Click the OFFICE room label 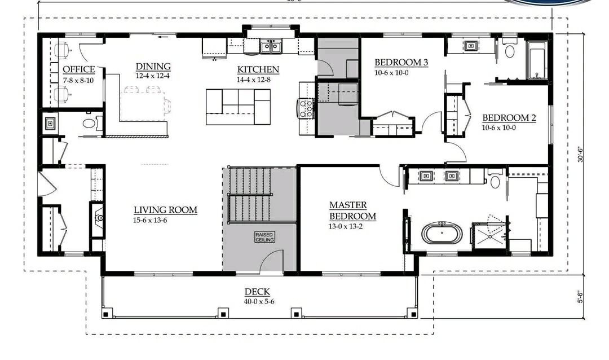(x=78, y=69)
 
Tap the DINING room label (x=153, y=67)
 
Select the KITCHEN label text (x=258, y=69)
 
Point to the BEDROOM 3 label (x=401, y=63)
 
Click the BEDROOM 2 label (x=509, y=118)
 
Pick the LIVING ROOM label (x=165, y=210)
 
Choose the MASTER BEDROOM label (x=352, y=210)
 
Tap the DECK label (x=257, y=292)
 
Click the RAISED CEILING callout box (x=264, y=237)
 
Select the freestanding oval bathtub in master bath (x=442, y=234)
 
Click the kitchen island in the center (x=238, y=107)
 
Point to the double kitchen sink (x=272, y=46)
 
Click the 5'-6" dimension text (x=581, y=296)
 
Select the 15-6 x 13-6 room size (x=150, y=220)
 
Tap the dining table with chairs (x=145, y=103)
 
